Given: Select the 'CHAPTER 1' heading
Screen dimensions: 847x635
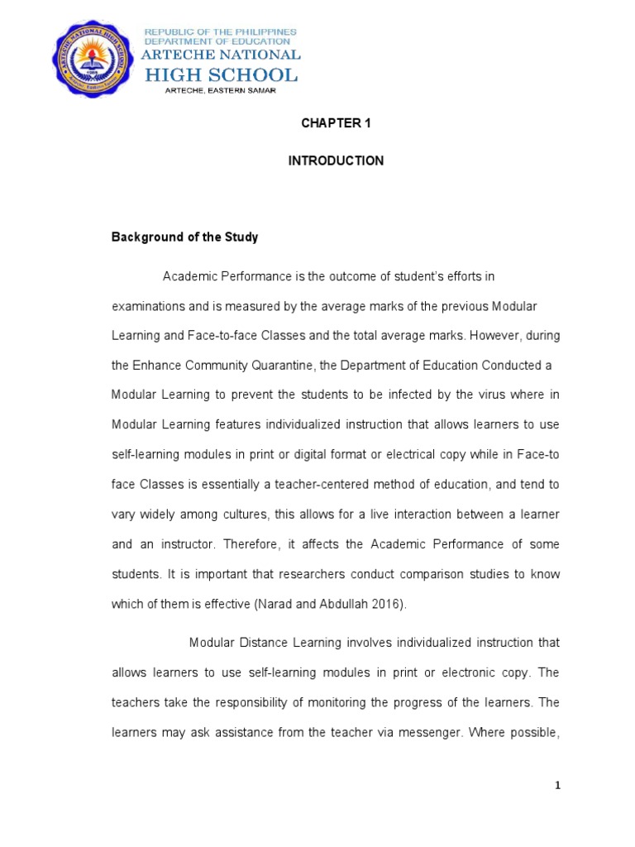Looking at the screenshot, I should click(336, 123).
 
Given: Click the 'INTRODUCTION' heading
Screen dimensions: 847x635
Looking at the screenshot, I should click(336, 161).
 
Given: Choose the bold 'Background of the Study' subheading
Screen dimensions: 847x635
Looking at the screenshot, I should click(185, 237).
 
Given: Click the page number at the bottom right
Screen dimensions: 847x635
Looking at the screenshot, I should click(558, 787).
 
